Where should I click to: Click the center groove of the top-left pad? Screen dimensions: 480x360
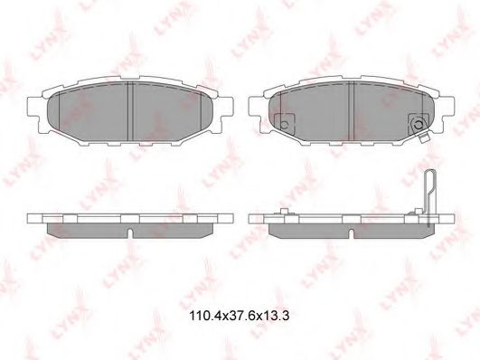[x=130, y=111]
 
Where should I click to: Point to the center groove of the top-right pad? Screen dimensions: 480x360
[x=351, y=111]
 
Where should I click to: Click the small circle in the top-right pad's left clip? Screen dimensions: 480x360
[x=284, y=125]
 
